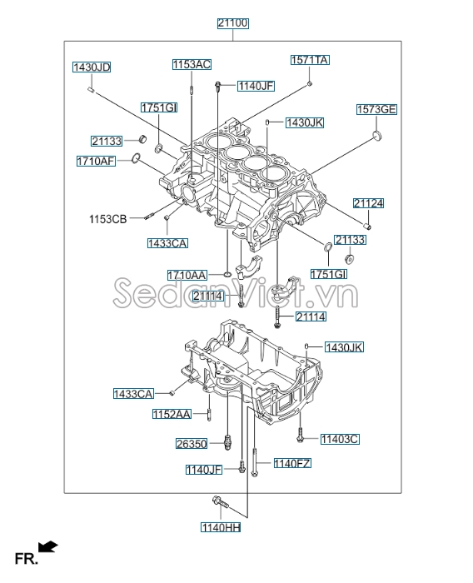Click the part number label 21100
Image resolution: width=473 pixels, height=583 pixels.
234,24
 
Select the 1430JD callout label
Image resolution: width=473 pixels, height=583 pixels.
92,67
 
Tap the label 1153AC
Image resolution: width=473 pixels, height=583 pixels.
192,64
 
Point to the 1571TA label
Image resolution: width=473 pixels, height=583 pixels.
310,60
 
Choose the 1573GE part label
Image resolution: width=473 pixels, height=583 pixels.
377,109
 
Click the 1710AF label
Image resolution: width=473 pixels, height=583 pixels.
96,161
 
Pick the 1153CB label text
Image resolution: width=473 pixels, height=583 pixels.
108,219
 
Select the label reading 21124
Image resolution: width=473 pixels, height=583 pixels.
368,203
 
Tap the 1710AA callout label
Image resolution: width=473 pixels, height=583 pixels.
187,275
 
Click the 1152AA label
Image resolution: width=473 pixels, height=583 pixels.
172,414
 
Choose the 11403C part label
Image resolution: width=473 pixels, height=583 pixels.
339,438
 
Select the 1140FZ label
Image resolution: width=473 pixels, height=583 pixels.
291,463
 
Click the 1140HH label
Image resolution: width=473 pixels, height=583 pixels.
220,526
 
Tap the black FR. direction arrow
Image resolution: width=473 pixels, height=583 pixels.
49,546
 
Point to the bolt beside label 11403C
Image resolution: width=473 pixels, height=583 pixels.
300,436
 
